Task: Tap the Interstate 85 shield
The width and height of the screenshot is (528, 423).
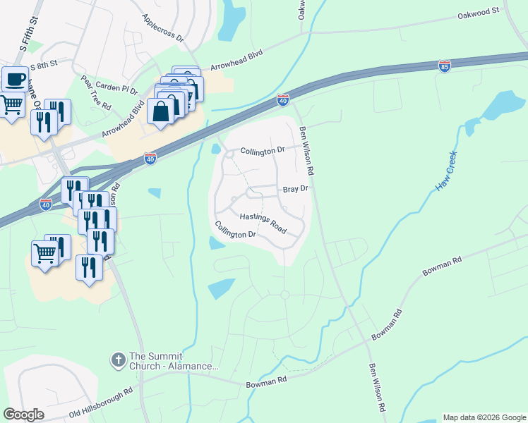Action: [444, 66]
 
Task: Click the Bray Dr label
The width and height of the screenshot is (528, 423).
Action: [295, 189]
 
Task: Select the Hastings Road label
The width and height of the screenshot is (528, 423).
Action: [263, 223]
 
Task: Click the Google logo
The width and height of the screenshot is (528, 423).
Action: [23, 415]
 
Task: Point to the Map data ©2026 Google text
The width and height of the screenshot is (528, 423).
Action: [484, 417]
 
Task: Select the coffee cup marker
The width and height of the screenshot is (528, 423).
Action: [15, 79]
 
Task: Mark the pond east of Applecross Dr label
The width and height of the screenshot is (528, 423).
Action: [231, 20]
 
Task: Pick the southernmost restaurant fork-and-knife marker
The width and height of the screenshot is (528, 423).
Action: [89, 267]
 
